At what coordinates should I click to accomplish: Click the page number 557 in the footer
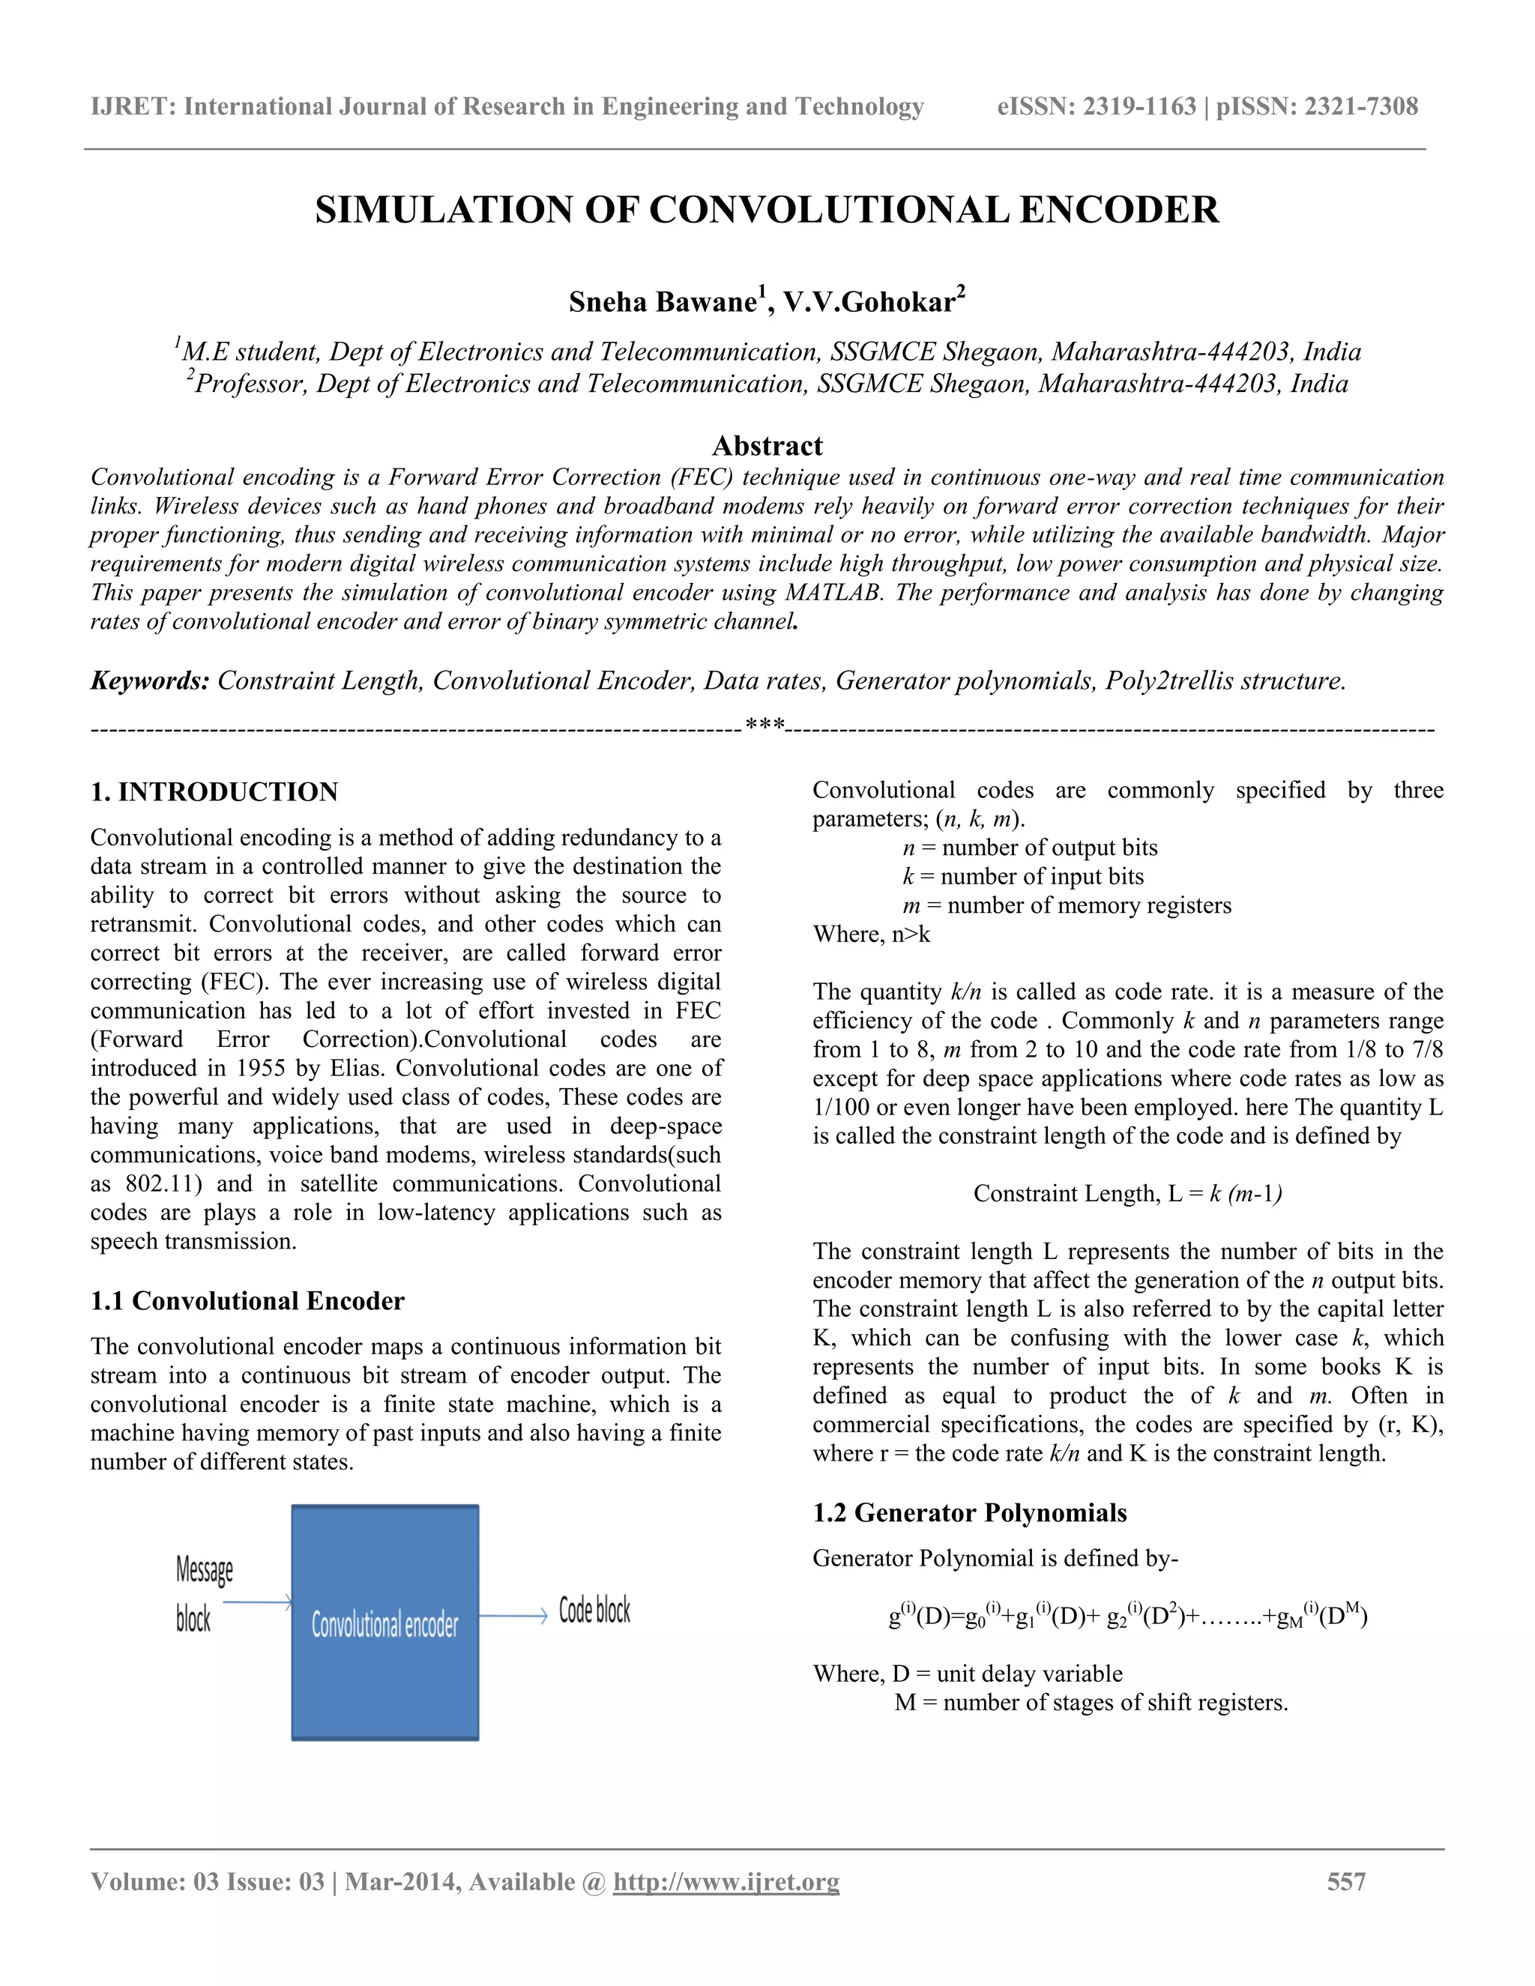pyautogui.click(x=1346, y=1881)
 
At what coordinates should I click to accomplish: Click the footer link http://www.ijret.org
pyautogui.click(x=726, y=1881)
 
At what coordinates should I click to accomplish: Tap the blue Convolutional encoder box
pyautogui.click(x=384, y=1623)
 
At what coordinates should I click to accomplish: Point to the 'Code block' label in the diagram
pyautogui.click(x=594, y=1611)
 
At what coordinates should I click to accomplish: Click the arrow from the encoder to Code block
pyautogui.click(x=512, y=1616)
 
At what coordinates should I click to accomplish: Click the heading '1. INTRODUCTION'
pyautogui.click(x=214, y=791)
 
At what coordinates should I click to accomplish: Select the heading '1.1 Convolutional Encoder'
pyautogui.click(x=247, y=1300)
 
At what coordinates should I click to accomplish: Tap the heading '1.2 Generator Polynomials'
pyautogui.click(x=969, y=1512)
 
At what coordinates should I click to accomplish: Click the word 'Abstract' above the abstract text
pyautogui.click(x=767, y=446)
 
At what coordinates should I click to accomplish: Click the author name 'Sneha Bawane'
pyautogui.click(x=662, y=302)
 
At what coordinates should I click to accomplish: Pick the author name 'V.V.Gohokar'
pyautogui.click(x=869, y=302)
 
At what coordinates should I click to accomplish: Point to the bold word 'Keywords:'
pyautogui.click(x=150, y=680)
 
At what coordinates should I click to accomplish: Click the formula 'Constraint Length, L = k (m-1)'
pyautogui.click(x=1127, y=1193)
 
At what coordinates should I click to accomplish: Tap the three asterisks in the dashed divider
pyautogui.click(x=765, y=725)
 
